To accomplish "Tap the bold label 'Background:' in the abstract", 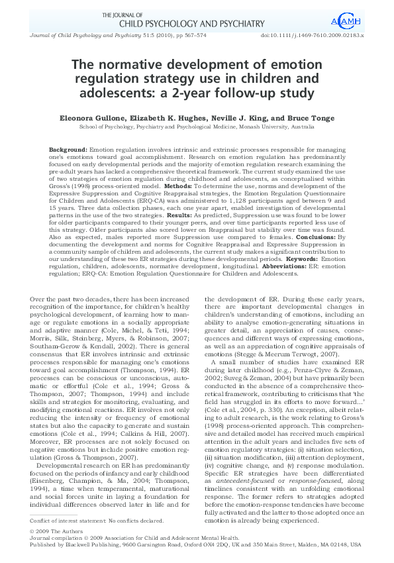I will pos(69,151).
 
